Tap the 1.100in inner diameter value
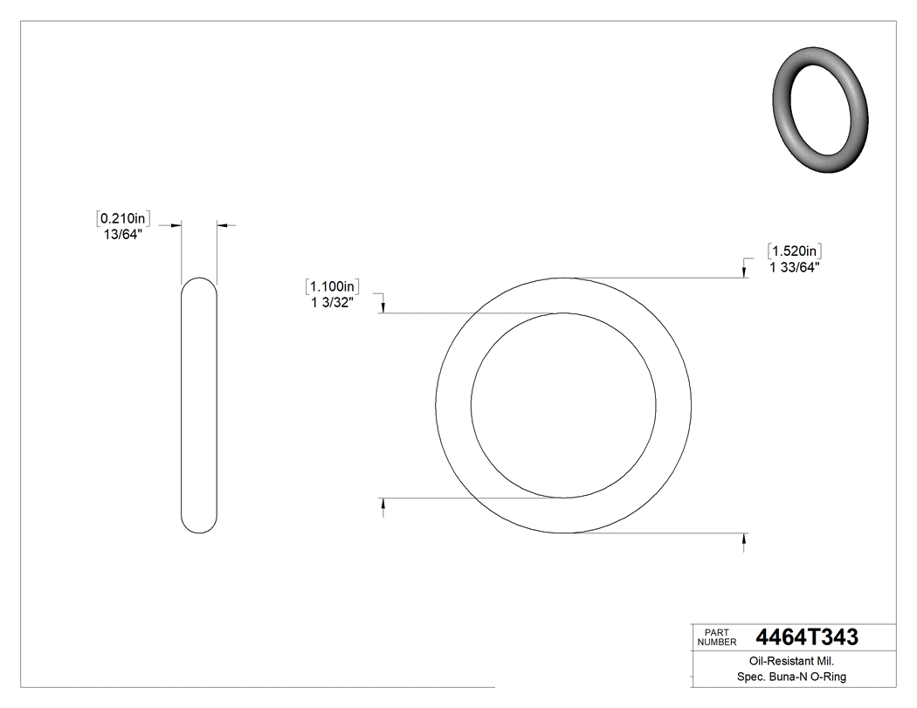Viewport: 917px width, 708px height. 333,286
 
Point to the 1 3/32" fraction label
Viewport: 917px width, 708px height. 332,303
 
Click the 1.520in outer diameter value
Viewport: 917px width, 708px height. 795,251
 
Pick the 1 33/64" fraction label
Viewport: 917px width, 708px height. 794,268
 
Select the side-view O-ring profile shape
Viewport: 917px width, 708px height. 199,406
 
